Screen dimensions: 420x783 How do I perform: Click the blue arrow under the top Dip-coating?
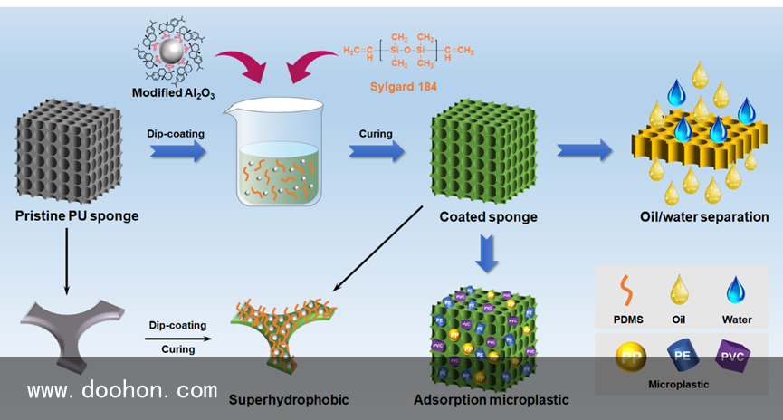click(x=176, y=151)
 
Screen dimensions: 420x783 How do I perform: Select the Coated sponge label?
click(x=488, y=217)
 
